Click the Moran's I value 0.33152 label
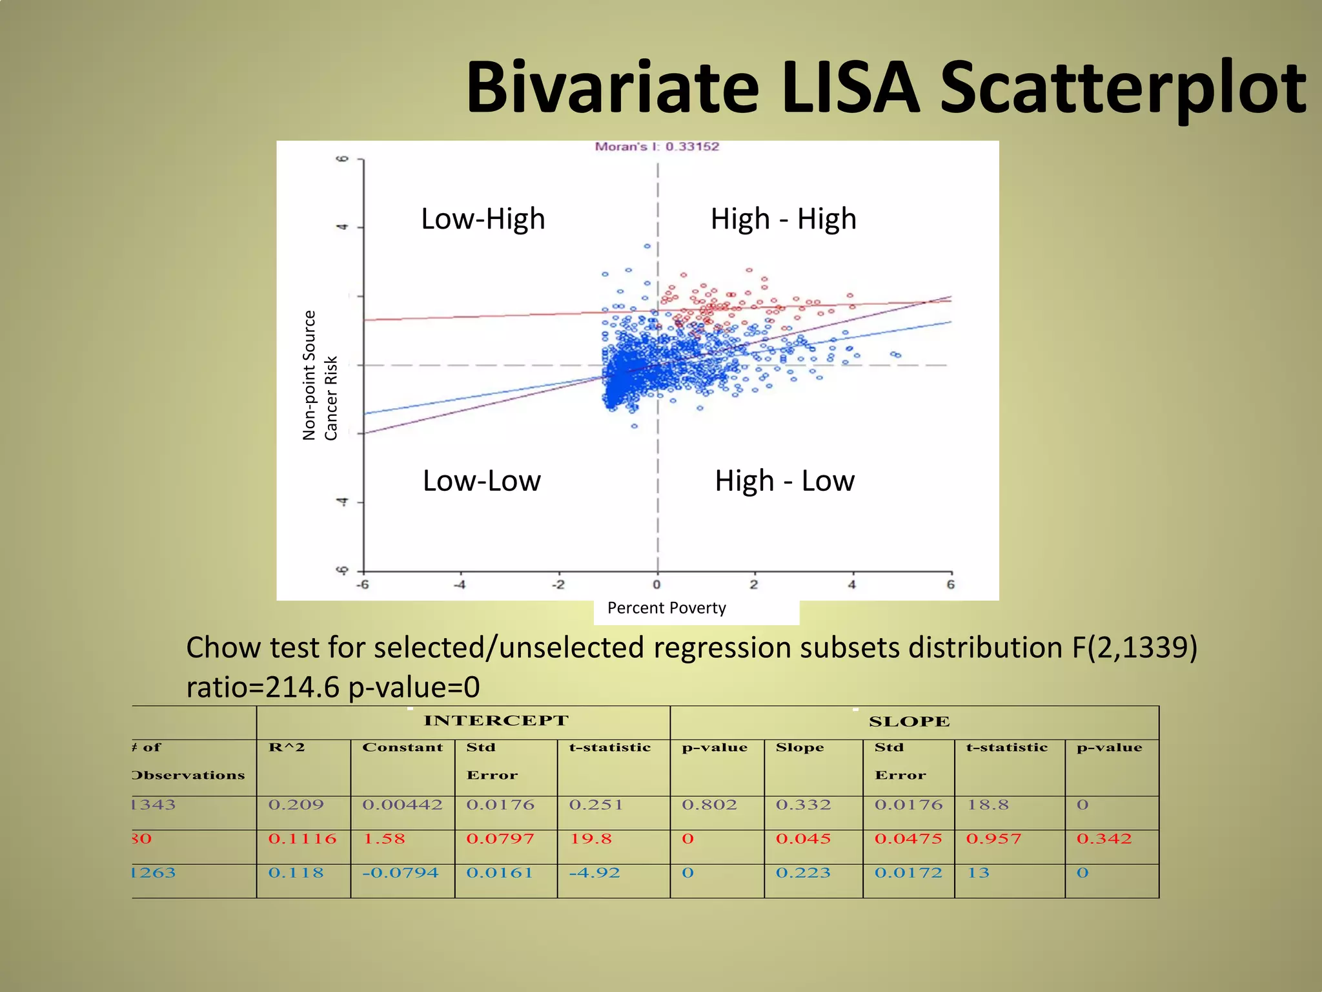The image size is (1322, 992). [x=656, y=147]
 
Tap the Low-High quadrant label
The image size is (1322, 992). [x=483, y=219]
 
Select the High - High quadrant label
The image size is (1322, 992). [x=783, y=219]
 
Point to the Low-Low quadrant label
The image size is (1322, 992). [x=482, y=481]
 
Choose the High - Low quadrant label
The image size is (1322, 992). [x=784, y=481]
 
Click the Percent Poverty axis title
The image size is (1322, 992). [x=666, y=608]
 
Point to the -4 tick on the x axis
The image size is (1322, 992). [x=460, y=585]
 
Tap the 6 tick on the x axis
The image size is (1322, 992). [x=950, y=585]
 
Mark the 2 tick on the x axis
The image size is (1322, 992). [x=753, y=585]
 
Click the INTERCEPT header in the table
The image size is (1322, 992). [x=496, y=721]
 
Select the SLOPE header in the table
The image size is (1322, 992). [x=909, y=722]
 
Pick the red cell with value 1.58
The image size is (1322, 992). [x=384, y=839]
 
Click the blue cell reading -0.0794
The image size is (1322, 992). [x=400, y=873]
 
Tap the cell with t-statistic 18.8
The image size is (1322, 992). [x=988, y=805]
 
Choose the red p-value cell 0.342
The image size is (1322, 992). [x=1104, y=839]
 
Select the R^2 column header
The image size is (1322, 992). [x=287, y=748]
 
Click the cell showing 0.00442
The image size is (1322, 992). [x=402, y=805]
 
